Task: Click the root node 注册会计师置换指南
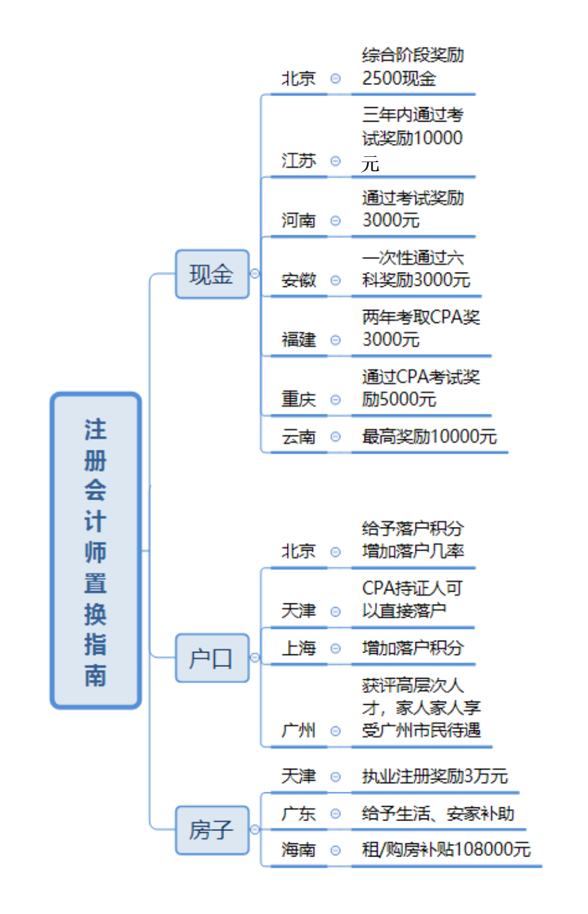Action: point(95,550)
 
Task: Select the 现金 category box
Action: point(212,274)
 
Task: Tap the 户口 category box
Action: point(212,658)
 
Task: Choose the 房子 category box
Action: point(212,830)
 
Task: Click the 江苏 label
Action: point(299,160)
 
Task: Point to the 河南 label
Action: point(299,220)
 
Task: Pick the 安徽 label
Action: point(299,280)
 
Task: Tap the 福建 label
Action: point(299,339)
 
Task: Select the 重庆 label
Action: point(299,399)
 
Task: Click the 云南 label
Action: point(299,436)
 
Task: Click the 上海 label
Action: point(299,648)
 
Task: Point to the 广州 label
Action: point(299,730)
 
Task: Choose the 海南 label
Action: point(299,850)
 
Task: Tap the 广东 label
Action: point(299,813)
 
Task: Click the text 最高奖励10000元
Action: point(429,436)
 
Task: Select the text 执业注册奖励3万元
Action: point(434,776)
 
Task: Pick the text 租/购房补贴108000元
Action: point(446,849)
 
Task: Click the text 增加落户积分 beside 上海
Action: point(413,648)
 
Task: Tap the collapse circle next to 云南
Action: point(336,437)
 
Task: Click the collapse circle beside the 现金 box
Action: point(255,273)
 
